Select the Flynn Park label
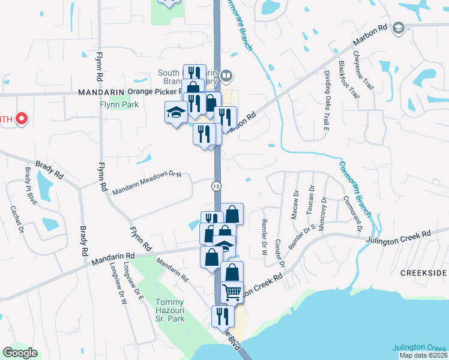pos(119,104)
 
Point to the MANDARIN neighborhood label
pos(100,92)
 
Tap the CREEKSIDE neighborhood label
pos(424,273)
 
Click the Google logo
pos(20,353)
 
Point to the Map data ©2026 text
pos(424,355)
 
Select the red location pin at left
pos(22,118)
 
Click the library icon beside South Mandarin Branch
pos(226,76)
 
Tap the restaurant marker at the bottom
pos(222,317)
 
